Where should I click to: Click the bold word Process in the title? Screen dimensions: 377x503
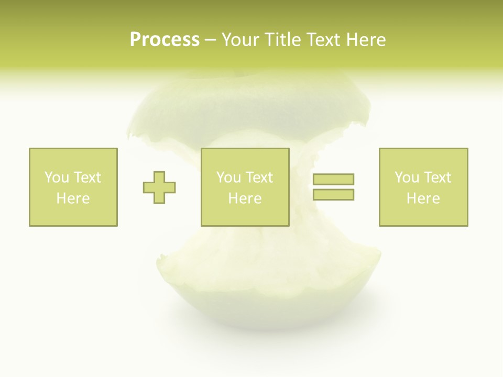pyautogui.click(x=165, y=40)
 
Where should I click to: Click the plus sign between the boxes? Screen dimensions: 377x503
pyautogui.click(x=159, y=187)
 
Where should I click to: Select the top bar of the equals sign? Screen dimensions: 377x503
pyautogui.click(x=333, y=179)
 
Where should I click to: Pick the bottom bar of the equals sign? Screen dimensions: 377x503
pyautogui.click(x=333, y=194)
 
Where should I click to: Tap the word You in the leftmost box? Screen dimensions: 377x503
pyautogui.click(x=57, y=178)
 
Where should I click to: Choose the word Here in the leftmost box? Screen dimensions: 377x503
pyautogui.click(x=73, y=198)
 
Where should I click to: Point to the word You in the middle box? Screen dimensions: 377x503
pyautogui.click(x=228, y=178)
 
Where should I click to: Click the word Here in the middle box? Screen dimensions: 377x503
pyautogui.click(x=245, y=198)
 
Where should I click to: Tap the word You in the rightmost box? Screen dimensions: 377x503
pyautogui.click(x=407, y=178)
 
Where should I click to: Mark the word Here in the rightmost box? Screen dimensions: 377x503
pyautogui.click(x=423, y=198)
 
